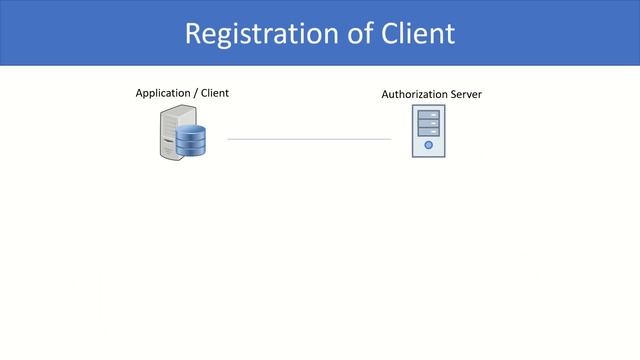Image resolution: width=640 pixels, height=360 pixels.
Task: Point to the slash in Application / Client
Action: [x=196, y=93]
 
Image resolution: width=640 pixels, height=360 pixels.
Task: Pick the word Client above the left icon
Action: [x=214, y=93]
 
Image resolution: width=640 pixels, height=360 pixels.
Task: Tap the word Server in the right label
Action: [x=466, y=94]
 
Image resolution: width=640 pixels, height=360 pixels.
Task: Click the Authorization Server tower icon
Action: [x=428, y=133]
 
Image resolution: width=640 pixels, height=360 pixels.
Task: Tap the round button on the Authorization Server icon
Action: [x=428, y=145]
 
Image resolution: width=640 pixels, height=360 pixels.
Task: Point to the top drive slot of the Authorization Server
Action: [x=428, y=116]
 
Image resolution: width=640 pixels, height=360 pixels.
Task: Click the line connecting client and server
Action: [x=309, y=139]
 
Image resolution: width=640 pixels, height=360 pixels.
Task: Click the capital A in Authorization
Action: [x=386, y=94]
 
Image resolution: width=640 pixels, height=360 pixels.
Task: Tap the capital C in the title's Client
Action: [x=392, y=33]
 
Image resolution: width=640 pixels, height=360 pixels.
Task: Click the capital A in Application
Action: [x=139, y=93]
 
